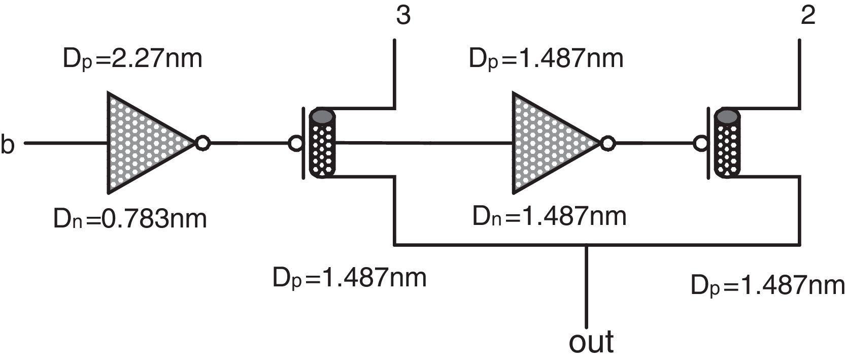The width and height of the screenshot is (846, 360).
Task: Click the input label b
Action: coord(8,144)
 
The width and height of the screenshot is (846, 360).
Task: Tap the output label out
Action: coord(591,342)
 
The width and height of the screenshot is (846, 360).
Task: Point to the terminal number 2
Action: coord(807,16)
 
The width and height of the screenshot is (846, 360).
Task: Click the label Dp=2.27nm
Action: coord(132,59)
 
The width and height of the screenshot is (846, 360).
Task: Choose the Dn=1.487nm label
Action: coord(550,217)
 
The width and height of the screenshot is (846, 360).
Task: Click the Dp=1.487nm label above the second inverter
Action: coord(546,59)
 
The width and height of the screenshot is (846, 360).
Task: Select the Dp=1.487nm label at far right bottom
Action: coord(767,286)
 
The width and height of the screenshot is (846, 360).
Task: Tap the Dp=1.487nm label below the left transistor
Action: coord(350,278)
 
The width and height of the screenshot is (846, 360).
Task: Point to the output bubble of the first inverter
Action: coord(202,143)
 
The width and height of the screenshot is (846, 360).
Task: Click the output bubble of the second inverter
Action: coord(607,143)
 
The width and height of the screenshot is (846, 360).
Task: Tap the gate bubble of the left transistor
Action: coord(295,144)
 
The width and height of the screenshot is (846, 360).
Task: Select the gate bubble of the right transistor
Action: coord(701,144)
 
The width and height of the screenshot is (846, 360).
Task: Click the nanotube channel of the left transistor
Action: coord(322,150)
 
